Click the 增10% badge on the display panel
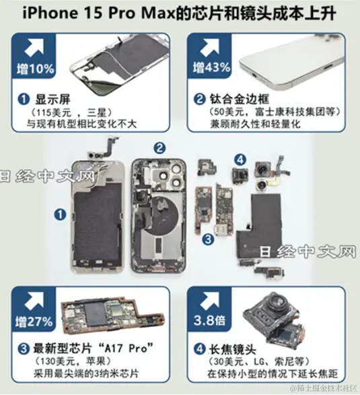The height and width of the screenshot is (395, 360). (32, 68)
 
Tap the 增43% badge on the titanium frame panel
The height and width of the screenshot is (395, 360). (208, 68)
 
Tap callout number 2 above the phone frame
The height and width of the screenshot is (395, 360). (159, 147)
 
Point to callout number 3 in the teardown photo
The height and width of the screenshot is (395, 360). (209, 239)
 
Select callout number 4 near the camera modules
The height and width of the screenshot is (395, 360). (239, 159)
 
